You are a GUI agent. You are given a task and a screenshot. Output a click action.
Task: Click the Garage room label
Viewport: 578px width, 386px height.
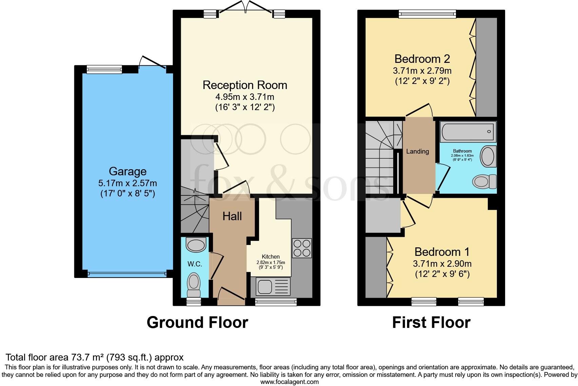click(128, 171)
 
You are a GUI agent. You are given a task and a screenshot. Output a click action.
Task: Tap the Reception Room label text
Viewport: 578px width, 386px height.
click(245, 85)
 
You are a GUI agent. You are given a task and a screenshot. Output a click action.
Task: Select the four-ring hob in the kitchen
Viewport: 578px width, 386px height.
click(302, 248)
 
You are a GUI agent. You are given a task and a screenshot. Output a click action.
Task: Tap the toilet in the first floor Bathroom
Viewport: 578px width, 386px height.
click(484, 181)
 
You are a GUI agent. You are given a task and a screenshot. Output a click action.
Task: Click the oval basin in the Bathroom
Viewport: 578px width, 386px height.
click(488, 156)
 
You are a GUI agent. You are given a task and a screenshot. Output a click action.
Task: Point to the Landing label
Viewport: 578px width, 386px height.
click(418, 152)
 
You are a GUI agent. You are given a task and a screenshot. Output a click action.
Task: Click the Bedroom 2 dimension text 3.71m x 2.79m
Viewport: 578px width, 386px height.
click(422, 71)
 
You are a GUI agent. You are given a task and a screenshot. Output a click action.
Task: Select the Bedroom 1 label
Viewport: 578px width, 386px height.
click(442, 252)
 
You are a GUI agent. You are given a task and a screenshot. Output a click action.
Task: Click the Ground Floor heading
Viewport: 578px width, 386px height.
click(197, 322)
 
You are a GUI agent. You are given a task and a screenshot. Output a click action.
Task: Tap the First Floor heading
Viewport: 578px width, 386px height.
click(431, 322)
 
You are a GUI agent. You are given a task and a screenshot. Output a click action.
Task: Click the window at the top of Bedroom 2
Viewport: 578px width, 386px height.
click(427, 14)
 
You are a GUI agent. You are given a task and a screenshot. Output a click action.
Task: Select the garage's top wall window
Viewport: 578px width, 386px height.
click(104, 69)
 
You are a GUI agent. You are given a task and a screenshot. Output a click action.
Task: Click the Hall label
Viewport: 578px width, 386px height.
click(232, 216)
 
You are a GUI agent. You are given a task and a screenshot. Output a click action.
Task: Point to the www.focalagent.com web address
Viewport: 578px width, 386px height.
click(289, 382)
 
